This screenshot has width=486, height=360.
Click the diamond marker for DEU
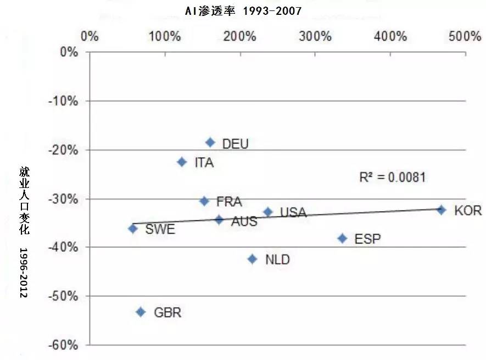pos(210,142)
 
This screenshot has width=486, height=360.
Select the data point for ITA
pos(182,162)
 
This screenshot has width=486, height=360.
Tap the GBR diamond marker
pos(141,312)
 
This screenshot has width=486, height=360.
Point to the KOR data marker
pos(441,209)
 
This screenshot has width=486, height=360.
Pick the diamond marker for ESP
pos(343,238)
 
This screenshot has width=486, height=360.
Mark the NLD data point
pos(253,259)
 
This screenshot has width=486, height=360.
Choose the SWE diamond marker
pos(133,228)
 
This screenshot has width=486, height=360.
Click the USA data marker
pos(268,212)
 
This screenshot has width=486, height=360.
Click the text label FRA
pos(229,202)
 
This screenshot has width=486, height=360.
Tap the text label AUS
pos(244,221)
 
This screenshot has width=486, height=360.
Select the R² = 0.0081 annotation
pos(392,177)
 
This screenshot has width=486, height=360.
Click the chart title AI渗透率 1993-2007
pos(243,11)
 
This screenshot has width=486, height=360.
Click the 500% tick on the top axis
pos(465,37)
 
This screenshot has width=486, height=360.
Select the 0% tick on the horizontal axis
pos(90,37)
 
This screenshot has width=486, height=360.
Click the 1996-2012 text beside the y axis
pos(24,273)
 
